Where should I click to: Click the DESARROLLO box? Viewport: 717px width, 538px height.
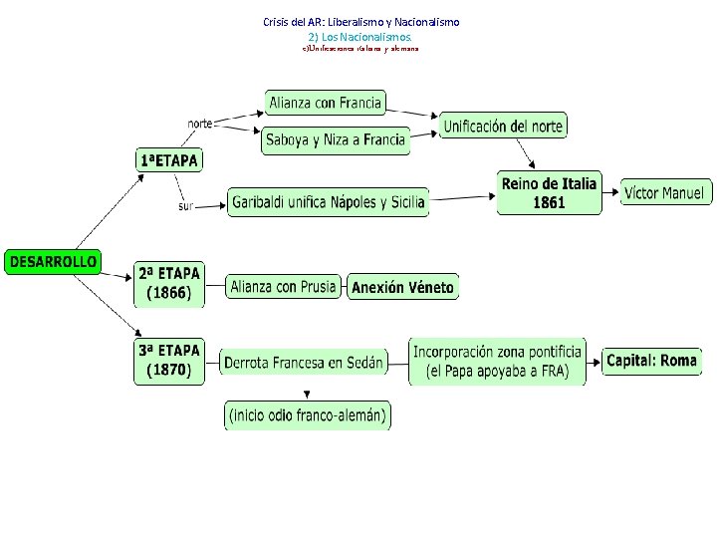pyautogui.click(x=54, y=262)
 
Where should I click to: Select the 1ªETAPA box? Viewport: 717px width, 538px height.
pyautogui.click(x=168, y=159)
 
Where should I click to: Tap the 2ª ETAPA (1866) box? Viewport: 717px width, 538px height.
pyautogui.click(x=169, y=284)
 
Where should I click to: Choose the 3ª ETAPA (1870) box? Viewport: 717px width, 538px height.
pyautogui.click(x=169, y=361)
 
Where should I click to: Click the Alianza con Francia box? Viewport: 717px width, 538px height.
pyautogui.click(x=325, y=102)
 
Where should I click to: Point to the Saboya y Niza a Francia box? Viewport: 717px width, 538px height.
pyautogui.click(x=336, y=140)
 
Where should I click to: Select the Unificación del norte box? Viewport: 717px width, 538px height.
pyautogui.click(x=503, y=126)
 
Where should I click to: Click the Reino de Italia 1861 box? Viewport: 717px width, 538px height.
pyautogui.click(x=549, y=193)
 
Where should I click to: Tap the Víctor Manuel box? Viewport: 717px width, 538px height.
pyautogui.click(x=665, y=193)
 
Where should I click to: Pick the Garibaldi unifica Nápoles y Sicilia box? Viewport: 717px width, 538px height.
pyautogui.click(x=329, y=202)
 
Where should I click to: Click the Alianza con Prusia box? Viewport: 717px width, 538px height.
pyautogui.click(x=283, y=287)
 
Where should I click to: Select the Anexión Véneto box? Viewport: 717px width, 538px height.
pyautogui.click(x=402, y=288)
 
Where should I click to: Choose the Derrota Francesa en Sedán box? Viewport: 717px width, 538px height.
pyautogui.click(x=304, y=364)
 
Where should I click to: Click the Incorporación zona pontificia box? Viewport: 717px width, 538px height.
pyautogui.click(x=497, y=361)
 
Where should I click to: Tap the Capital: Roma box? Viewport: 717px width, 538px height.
pyautogui.click(x=651, y=361)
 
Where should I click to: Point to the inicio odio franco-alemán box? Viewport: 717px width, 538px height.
pyautogui.click(x=307, y=414)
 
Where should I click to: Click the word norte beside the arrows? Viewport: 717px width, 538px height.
pyautogui.click(x=200, y=124)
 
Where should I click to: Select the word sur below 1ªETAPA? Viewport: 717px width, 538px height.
pyautogui.click(x=185, y=206)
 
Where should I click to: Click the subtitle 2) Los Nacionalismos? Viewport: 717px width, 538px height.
pyautogui.click(x=359, y=35)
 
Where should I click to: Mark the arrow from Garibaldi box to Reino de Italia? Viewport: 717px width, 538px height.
pyautogui.click(x=463, y=197)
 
